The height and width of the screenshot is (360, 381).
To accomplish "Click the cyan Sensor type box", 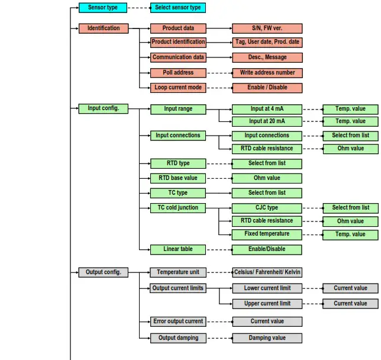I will pos(103,8).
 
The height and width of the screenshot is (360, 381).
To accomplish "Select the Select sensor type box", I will pos(177,8).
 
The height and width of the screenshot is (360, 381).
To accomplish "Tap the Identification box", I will pos(103,28).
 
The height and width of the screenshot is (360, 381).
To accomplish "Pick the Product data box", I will pos(178,28).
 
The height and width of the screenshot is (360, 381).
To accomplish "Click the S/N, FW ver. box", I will pos(267,28).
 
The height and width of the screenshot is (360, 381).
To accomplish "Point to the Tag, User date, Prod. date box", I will pos(267,42).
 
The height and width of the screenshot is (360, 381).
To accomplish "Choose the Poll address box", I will pos(178,73).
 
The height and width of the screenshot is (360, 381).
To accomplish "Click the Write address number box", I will pos(267,73).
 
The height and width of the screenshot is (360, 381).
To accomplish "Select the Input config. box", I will pos(103,108).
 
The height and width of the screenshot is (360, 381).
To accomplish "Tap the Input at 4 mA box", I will pos(267,108).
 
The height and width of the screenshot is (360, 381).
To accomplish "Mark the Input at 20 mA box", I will pos(267,121).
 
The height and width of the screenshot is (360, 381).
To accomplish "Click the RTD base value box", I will pos(178,178).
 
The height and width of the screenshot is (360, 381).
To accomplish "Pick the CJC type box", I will pos(267,208).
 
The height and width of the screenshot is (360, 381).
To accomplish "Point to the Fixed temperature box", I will pos(267,234).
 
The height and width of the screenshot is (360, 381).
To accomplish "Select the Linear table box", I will pos(178,249).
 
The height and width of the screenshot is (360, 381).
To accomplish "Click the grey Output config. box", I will pos(103,272).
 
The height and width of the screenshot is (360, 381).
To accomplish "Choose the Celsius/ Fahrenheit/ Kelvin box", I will pos(267,272).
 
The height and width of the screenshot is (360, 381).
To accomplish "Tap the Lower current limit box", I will pos(267,288).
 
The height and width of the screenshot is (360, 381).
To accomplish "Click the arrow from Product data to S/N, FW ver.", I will pos(219,28).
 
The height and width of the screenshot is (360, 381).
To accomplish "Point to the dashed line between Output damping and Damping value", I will pos(219,338).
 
